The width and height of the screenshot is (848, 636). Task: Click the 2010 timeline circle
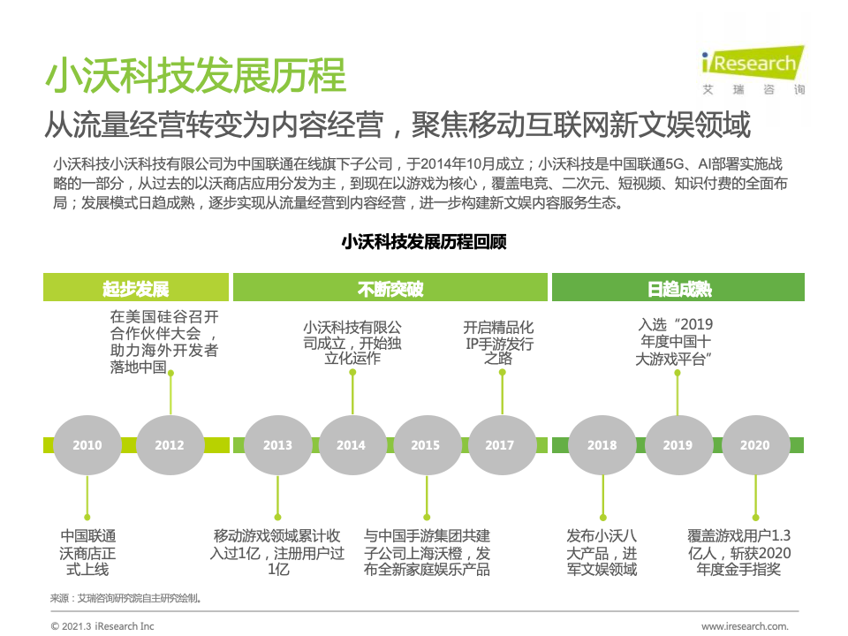click(x=87, y=445)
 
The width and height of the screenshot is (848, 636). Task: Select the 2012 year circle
click(x=170, y=445)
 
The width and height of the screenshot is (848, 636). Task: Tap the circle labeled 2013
click(x=277, y=445)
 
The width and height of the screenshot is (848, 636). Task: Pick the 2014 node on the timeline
click(x=351, y=445)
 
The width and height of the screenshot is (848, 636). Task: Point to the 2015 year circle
click(x=425, y=445)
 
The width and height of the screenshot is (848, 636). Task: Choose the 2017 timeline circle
click(x=499, y=445)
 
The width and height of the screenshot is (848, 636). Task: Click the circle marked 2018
click(x=602, y=445)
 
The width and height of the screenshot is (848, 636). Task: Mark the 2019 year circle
click(x=678, y=445)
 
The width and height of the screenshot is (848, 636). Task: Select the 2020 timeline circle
click(x=755, y=445)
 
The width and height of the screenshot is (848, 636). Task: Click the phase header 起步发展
click(x=135, y=289)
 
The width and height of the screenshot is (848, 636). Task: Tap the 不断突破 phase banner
click(x=390, y=289)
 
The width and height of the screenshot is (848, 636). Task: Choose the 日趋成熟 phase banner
click(x=678, y=289)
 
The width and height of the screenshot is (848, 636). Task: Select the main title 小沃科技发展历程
click(x=195, y=76)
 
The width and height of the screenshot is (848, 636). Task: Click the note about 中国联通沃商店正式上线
click(x=87, y=552)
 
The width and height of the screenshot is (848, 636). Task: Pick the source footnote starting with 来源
click(x=126, y=598)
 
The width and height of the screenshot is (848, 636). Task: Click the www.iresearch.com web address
click(x=744, y=626)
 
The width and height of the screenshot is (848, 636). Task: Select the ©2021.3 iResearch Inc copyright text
click(x=102, y=626)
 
